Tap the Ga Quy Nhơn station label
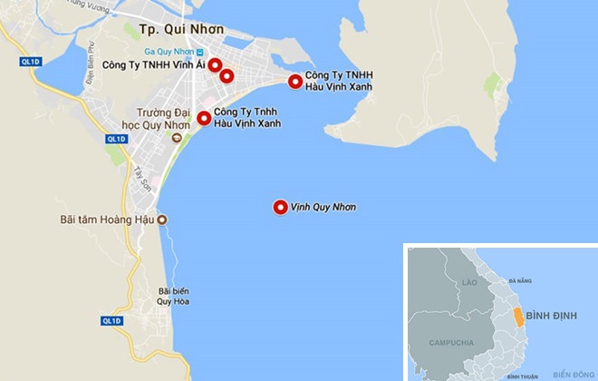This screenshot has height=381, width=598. [172, 52]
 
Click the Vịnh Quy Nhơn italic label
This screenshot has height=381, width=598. [323, 208]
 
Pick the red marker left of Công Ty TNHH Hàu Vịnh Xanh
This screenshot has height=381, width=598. [295, 82]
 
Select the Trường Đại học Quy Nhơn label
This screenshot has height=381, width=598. [159, 120]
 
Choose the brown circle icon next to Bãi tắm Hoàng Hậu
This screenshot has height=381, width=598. [162, 220]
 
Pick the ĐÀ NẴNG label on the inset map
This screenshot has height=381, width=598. [520, 282]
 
